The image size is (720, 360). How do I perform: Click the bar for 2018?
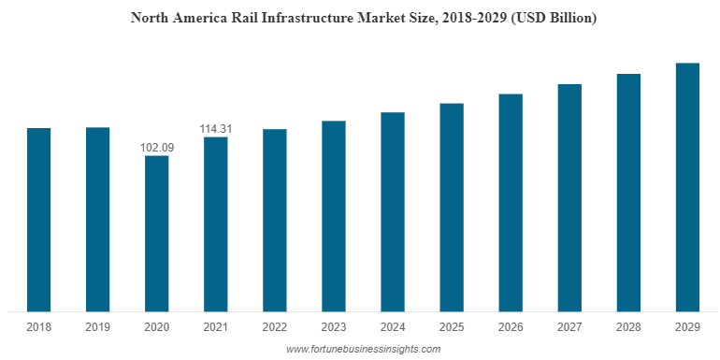click(x=38, y=219)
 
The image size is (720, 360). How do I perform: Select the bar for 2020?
click(x=157, y=233)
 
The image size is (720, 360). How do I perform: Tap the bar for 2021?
click(x=216, y=223)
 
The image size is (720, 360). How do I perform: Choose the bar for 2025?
click(x=452, y=207)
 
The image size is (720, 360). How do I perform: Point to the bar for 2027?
click(x=569, y=197)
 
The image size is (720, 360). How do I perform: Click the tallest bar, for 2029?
click(x=687, y=186)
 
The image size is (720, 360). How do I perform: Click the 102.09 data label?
click(x=157, y=147)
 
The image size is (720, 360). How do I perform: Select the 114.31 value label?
click(x=216, y=128)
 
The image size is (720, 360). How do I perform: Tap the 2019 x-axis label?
click(x=98, y=327)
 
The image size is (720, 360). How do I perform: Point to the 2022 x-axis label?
click(x=275, y=327)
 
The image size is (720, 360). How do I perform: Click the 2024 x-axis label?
click(x=393, y=327)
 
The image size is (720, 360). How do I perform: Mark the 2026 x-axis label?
click(x=511, y=327)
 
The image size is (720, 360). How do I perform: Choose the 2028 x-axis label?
click(x=628, y=327)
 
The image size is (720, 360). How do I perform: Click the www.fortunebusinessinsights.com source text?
click(x=363, y=349)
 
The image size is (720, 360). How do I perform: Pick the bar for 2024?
click(x=393, y=211)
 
